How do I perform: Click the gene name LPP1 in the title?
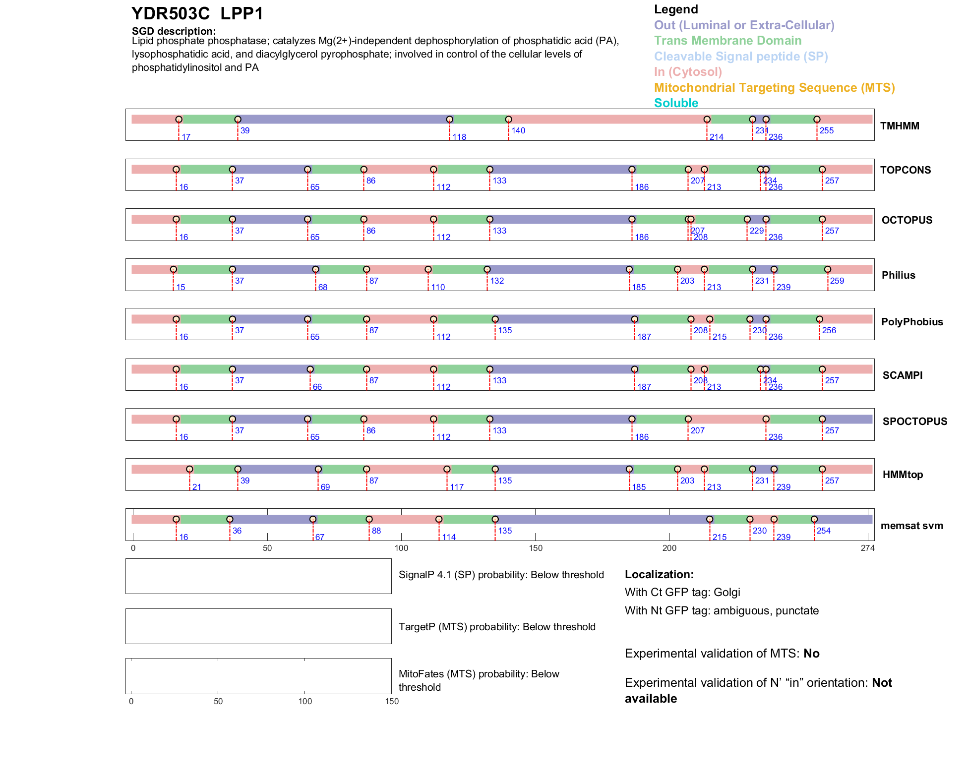point(242,13)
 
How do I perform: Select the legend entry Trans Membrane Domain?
point(727,41)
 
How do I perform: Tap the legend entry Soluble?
point(676,103)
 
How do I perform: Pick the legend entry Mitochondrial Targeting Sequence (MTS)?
point(774,88)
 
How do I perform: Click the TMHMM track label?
point(900,126)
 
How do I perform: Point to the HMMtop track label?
point(903,475)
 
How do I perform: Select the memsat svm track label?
point(911,526)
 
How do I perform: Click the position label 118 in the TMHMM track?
point(459,137)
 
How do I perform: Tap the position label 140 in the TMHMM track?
point(518,131)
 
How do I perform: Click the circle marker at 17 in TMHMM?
point(179,120)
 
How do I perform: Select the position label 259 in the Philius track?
point(837,281)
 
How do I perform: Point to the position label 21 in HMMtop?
point(197,487)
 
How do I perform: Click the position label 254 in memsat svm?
point(824,531)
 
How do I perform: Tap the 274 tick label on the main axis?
point(868,548)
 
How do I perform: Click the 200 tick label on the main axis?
point(669,548)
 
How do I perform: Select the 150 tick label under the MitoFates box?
point(392,702)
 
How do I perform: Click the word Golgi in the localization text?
point(726,593)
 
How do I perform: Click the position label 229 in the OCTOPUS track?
point(757,231)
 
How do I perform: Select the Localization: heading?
point(659,575)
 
